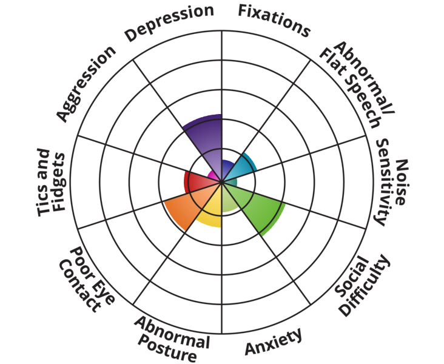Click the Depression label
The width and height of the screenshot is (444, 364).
tap(169, 22)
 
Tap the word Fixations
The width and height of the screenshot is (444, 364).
tap(274, 21)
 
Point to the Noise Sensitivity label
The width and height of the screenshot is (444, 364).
tap(392, 182)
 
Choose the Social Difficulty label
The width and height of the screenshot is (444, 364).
tap(363, 286)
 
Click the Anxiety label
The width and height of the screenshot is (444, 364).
tap(274, 342)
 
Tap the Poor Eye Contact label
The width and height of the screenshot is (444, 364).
tap(87, 280)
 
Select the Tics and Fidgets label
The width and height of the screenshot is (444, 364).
tap(52, 182)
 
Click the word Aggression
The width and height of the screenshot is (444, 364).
tap(86, 84)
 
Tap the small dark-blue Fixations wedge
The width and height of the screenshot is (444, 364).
tap(227, 169)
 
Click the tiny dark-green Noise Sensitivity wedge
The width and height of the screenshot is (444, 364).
tap(230, 182)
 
